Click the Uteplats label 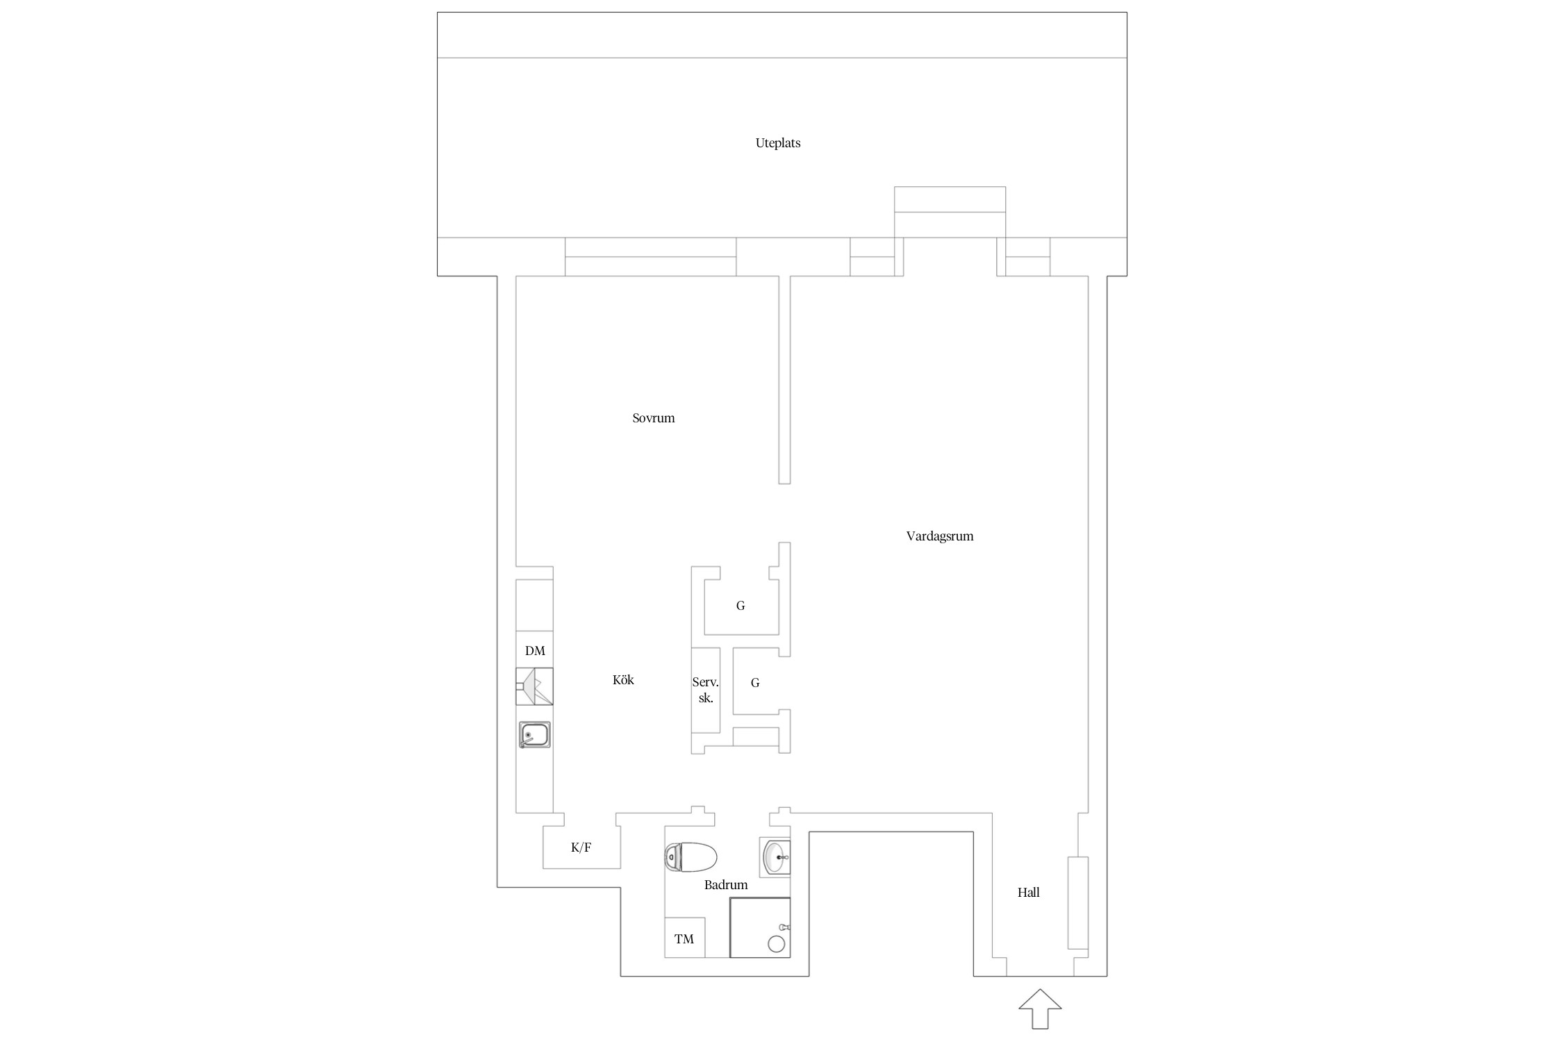pyautogui.click(x=777, y=143)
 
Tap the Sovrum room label pyautogui.click(x=653, y=418)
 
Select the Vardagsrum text pyautogui.click(x=939, y=536)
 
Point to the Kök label pyautogui.click(x=623, y=680)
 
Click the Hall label pyautogui.click(x=1028, y=893)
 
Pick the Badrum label pyautogui.click(x=726, y=885)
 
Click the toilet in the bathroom pyautogui.click(x=690, y=857)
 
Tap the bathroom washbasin pyautogui.click(x=776, y=857)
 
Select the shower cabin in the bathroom pyautogui.click(x=759, y=927)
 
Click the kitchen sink pyautogui.click(x=534, y=735)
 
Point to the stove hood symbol pyautogui.click(x=534, y=686)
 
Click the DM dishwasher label pyautogui.click(x=535, y=651)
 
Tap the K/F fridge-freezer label pyautogui.click(x=581, y=847)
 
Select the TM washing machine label pyautogui.click(x=684, y=939)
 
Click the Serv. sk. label pyautogui.click(x=705, y=690)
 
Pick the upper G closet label pyautogui.click(x=741, y=606)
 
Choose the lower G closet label pyautogui.click(x=755, y=683)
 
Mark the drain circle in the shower pyautogui.click(x=776, y=944)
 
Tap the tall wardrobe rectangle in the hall pyautogui.click(x=1077, y=902)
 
